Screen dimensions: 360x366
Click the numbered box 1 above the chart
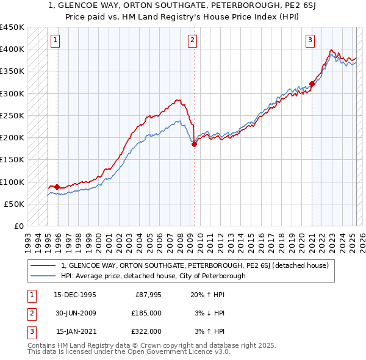(56, 41)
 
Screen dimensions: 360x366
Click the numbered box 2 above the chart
(192, 41)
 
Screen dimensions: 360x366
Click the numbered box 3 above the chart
(310, 41)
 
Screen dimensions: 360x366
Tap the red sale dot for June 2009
(194, 145)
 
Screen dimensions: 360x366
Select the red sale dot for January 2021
(312, 84)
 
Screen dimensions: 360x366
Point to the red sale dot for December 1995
(57, 187)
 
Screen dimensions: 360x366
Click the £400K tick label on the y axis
(12, 49)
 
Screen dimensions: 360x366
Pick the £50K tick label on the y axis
(14, 204)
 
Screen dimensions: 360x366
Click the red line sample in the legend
(44, 265)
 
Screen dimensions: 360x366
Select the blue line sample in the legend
(44, 276)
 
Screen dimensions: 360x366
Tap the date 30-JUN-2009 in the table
(74, 313)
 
